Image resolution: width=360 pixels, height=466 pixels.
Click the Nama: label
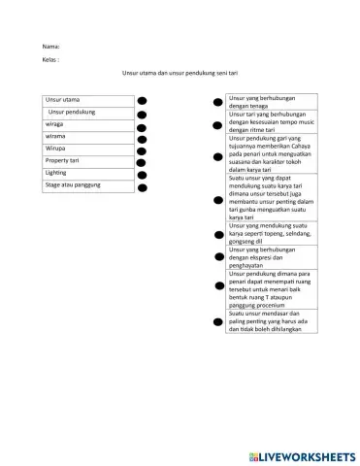point(51,47)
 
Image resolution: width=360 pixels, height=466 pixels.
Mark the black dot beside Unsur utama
point(142,100)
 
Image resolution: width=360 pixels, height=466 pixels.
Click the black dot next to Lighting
point(142,176)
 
